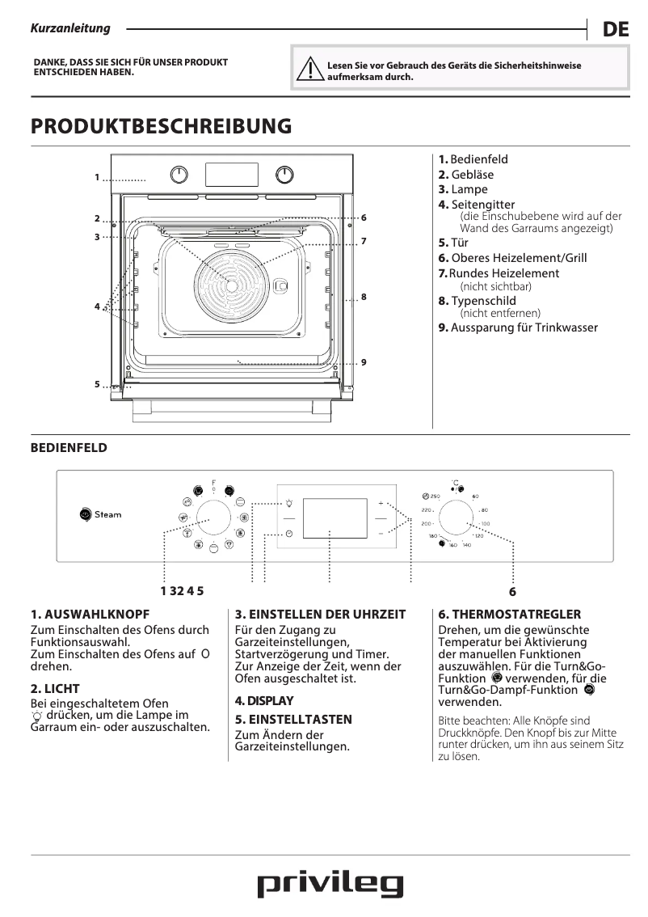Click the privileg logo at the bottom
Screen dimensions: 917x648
coord(330,884)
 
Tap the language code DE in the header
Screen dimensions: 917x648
coord(615,30)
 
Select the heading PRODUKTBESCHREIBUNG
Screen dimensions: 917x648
coord(161,126)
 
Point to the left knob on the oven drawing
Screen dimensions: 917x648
coord(179,175)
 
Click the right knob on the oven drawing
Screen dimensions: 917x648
coord(284,175)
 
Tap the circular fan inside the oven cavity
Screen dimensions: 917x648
coord(231,285)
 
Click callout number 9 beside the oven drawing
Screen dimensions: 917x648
coord(364,361)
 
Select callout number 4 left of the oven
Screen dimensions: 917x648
coord(96,306)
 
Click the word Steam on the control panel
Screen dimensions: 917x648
coord(108,514)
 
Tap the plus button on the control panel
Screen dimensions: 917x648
coord(381,503)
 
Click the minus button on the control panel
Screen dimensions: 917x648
coord(381,534)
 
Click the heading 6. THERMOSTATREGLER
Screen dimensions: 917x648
coord(509,615)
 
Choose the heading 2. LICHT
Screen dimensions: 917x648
coord(55,689)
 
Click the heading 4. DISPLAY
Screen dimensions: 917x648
coord(264,700)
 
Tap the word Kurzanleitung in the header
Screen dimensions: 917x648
coord(70,28)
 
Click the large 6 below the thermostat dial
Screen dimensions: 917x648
coord(512,591)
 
